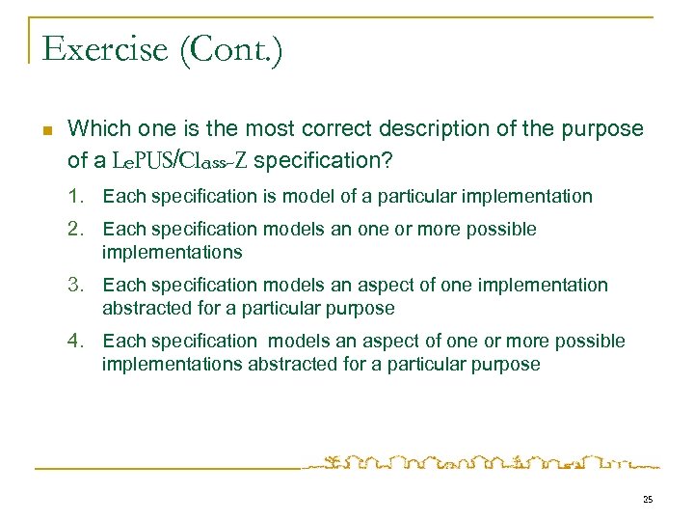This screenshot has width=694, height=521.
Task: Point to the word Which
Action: point(96,128)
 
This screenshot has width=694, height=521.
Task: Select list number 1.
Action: point(76,197)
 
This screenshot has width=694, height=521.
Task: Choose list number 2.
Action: point(76,230)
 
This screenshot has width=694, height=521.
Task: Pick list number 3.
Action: point(76,286)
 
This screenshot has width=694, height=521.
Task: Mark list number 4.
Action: point(76,342)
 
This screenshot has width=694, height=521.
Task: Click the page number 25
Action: point(647,500)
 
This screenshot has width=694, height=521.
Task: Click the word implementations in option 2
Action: point(172,253)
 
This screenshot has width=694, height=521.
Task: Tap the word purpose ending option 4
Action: point(507,365)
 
